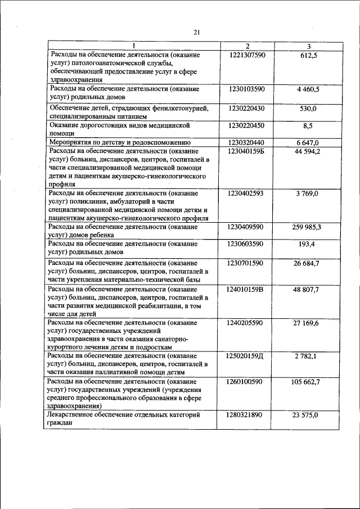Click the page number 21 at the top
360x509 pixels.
[197, 33]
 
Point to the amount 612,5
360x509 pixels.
[309, 55]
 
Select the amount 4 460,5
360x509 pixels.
[309, 89]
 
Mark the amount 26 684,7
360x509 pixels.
[309, 263]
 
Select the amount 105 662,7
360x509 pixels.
[309, 381]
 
